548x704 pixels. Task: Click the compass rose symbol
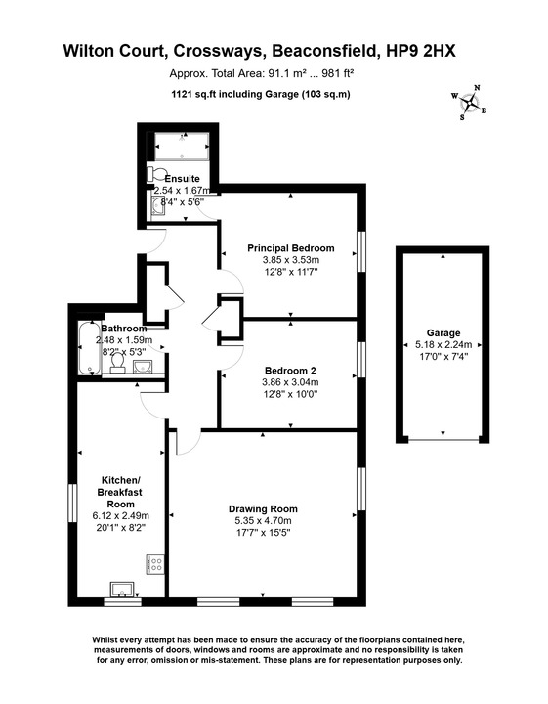471,102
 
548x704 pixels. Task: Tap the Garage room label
443,332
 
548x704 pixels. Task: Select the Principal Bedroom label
290,247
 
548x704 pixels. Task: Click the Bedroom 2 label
290,371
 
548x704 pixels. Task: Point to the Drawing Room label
263,508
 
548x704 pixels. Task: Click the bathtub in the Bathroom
85,349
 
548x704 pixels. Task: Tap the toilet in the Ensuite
152,175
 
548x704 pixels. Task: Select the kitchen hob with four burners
153,564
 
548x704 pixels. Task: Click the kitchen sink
124,589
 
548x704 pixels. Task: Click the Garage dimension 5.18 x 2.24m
443,344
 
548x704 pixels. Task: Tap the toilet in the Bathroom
117,364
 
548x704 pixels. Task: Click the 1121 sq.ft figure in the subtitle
193,94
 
